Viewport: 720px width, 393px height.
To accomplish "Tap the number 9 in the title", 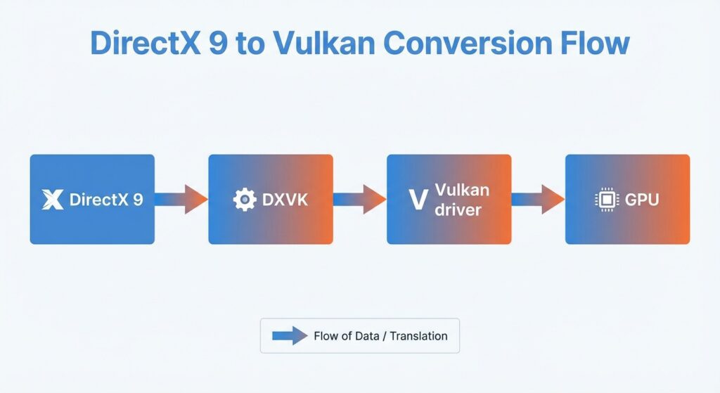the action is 218,44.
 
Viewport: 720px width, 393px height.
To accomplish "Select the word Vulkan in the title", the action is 324,43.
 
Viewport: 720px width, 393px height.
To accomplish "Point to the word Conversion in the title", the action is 468,43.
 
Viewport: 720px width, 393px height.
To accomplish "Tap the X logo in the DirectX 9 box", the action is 53,199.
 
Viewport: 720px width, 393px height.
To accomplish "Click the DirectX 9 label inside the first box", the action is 106,199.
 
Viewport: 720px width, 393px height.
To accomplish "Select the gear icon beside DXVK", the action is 245,199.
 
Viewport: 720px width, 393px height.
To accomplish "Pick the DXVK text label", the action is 285,200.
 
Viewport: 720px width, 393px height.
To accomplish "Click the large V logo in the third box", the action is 418,200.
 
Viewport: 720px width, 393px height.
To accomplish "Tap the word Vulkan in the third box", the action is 462,190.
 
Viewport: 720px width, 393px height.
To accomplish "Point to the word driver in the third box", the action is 458,210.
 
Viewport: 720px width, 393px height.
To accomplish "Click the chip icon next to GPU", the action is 607,199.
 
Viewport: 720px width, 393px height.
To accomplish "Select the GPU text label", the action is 642,200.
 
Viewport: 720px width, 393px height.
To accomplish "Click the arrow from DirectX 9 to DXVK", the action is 181,199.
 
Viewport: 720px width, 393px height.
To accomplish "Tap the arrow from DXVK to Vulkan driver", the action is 359,199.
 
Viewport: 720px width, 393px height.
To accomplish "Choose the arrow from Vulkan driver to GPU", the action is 538,199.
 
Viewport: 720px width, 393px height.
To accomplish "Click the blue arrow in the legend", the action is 290,335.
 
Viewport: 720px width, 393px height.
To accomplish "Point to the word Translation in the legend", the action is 419,336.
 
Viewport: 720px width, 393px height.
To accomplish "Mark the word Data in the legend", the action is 367,336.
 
